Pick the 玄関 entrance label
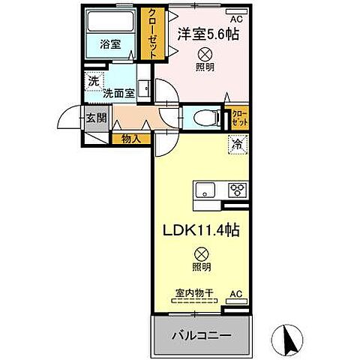coord(95,117)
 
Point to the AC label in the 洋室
coord(235,18)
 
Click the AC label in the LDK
coord(235,294)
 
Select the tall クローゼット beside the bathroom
coord(153,34)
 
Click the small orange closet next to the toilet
coord(239,117)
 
